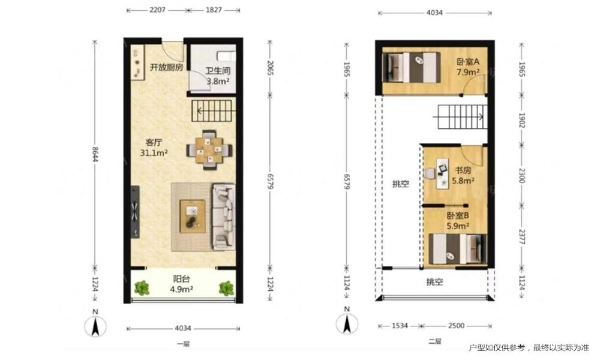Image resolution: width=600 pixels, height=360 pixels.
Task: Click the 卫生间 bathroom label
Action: [218, 71]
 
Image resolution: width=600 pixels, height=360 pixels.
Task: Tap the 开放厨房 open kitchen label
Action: [166, 67]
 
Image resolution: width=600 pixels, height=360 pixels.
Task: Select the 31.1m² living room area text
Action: [154, 153]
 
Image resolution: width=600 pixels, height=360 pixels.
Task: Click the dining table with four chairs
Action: [209, 149]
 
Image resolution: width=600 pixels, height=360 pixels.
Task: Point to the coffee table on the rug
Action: [193, 217]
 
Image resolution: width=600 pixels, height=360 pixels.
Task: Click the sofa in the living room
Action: [224, 217]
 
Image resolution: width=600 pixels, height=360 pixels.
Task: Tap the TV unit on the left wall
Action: [134, 212]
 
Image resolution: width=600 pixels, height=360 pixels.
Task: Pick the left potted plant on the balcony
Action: [142, 287]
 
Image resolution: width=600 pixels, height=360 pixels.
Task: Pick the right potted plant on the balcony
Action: [226, 288]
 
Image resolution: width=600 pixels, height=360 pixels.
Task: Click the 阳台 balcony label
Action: [181, 279]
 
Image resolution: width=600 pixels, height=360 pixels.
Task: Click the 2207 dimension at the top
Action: [157, 10]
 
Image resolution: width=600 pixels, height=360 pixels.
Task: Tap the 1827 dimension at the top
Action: [214, 10]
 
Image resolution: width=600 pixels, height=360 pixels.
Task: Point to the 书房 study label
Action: [463, 170]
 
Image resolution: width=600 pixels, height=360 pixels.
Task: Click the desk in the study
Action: [443, 173]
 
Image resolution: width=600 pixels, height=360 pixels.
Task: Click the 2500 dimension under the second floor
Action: [456, 326]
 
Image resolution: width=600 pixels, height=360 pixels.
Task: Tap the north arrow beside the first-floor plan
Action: [95, 327]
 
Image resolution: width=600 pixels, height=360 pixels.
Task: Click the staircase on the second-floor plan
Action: [460, 116]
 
